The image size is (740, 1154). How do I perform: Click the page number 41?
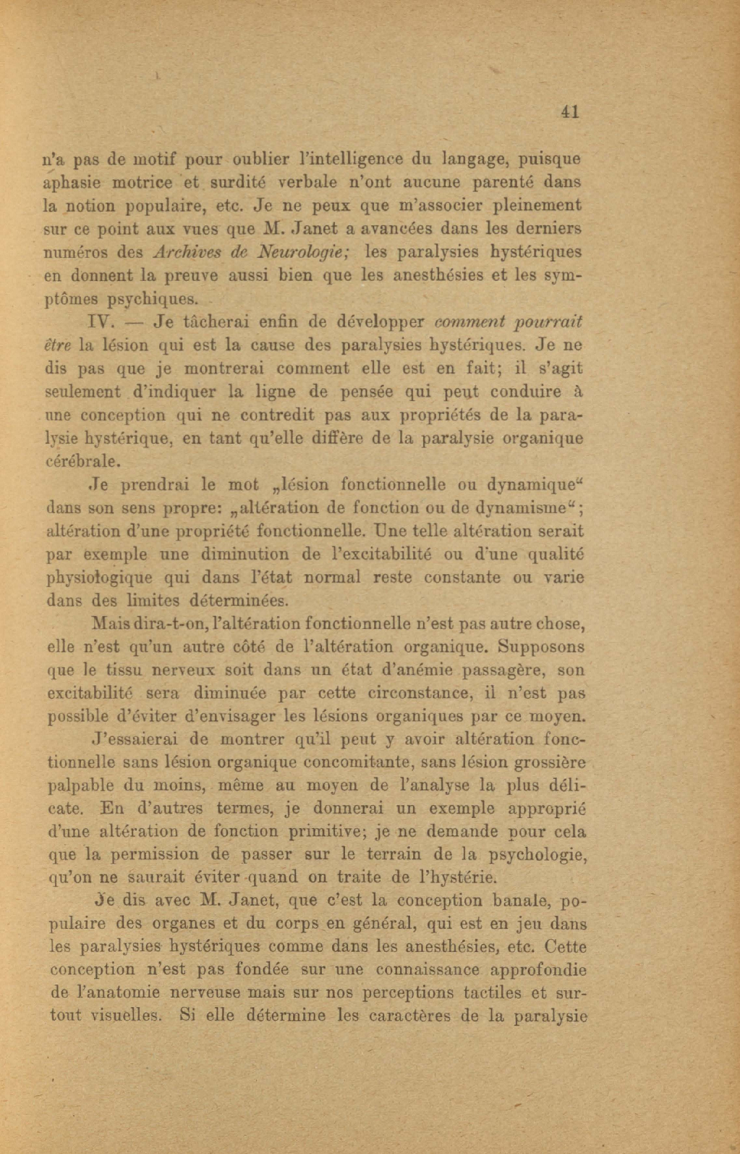pos(570,111)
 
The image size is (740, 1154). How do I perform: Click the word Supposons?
pos(542,647)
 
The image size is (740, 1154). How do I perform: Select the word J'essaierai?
pos(137,739)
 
